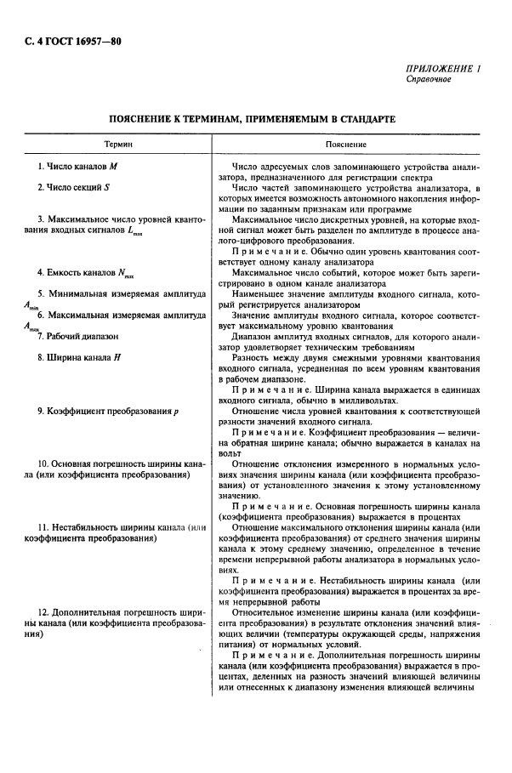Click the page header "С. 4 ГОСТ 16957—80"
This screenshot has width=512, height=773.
pyautogui.click(x=66, y=40)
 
